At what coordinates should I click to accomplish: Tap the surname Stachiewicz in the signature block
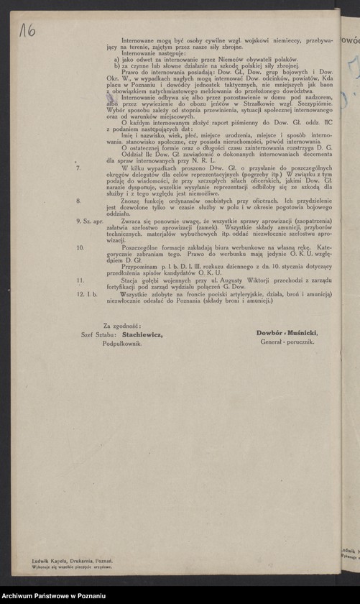coord(142,334)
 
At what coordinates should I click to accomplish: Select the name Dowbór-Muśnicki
coord(287,334)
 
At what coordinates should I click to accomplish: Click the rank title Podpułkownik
coord(121,344)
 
